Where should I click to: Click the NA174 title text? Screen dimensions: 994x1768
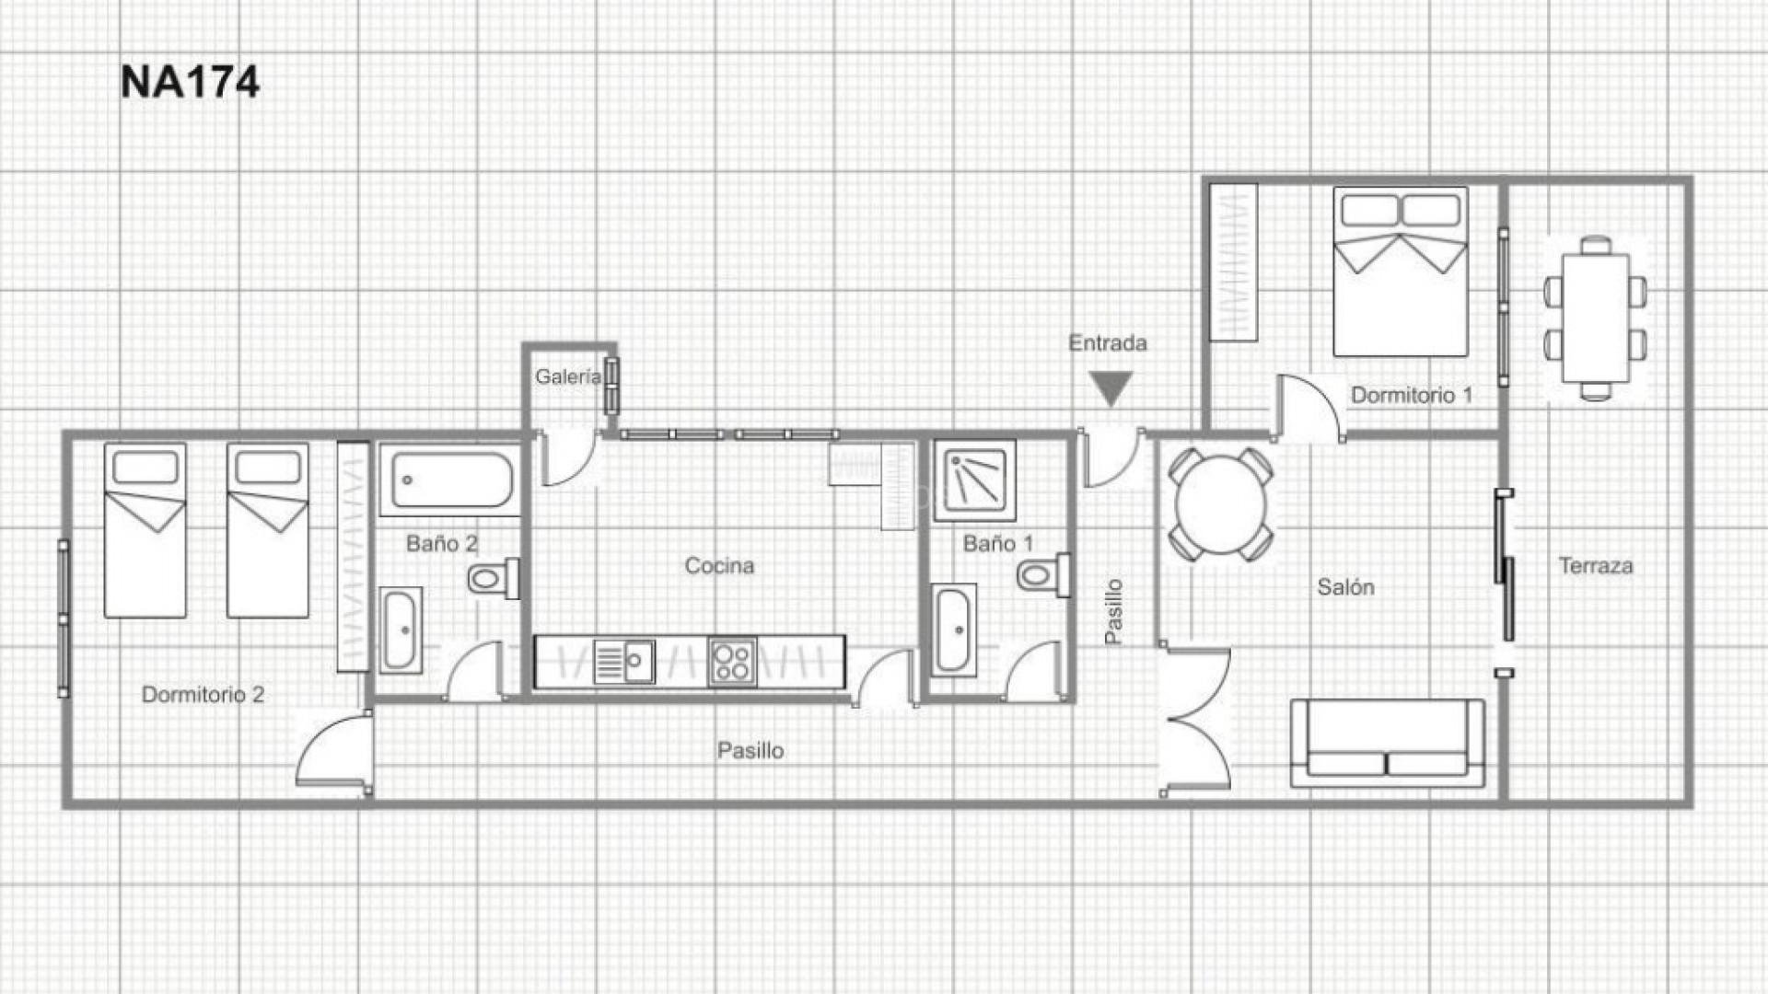click(190, 82)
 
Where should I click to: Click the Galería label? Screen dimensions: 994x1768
click(567, 376)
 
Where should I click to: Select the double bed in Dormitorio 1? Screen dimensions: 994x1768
click(1400, 272)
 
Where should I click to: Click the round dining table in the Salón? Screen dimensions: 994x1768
click(1221, 504)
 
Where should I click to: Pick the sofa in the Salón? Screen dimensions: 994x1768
click(1387, 744)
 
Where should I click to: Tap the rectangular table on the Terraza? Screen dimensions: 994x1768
click(1595, 318)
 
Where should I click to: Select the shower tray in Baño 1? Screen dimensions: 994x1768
click(974, 480)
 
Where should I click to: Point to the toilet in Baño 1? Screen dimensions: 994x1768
click(1041, 576)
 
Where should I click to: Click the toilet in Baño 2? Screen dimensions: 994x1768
click(492, 579)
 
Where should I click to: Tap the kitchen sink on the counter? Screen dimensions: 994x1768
click(624, 662)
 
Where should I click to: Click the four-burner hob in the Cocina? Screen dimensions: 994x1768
click(732, 662)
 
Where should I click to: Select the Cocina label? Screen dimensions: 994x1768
click(719, 566)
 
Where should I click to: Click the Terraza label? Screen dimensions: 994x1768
click(1596, 566)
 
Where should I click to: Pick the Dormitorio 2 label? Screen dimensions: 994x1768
click(203, 695)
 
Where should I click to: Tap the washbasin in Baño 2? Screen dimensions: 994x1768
click(401, 630)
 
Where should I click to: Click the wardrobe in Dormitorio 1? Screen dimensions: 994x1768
click(1234, 263)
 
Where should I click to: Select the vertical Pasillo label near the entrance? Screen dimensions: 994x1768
click(1113, 611)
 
